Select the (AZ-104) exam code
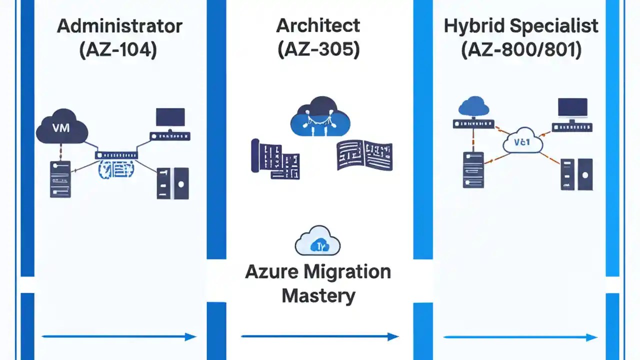point(118,50)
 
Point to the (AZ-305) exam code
point(318,50)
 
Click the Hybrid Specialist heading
point(521,26)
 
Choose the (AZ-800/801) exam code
point(521,50)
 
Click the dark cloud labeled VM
point(61,128)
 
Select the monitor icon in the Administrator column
point(170,117)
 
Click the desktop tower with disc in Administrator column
point(173,183)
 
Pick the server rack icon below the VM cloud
point(60,179)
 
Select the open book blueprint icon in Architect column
point(364,155)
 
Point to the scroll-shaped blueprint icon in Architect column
point(274,159)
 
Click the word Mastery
point(318,295)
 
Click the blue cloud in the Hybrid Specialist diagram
point(473,106)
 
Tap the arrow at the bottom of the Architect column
point(320,336)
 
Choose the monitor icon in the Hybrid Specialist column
point(573,108)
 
